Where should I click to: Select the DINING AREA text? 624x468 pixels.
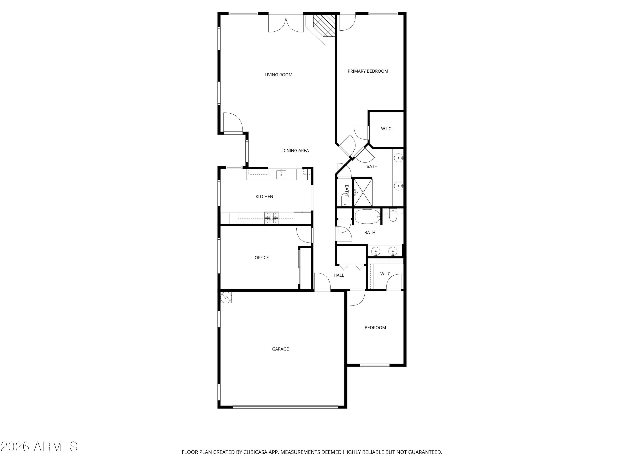(x=295, y=151)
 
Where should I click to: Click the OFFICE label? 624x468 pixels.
(x=261, y=258)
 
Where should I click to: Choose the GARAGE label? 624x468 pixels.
(x=280, y=349)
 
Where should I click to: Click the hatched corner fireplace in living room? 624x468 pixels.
(x=324, y=25)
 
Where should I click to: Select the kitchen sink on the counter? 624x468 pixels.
(x=281, y=175)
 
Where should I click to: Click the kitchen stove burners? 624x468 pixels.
(x=271, y=218)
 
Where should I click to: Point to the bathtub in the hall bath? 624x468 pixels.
(x=367, y=217)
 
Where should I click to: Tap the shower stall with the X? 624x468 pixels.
(x=363, y=192)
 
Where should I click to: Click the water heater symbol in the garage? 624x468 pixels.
(x=226, y=297)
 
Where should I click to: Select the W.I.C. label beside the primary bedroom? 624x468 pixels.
(x=386, y=129)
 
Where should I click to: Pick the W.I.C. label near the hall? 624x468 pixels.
(x=386, y=274)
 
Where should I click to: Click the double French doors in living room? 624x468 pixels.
(x=286, y=22)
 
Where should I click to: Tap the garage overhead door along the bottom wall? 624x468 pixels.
(x=285, y=407)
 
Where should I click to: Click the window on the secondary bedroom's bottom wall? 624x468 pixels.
(x=374, y=365)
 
